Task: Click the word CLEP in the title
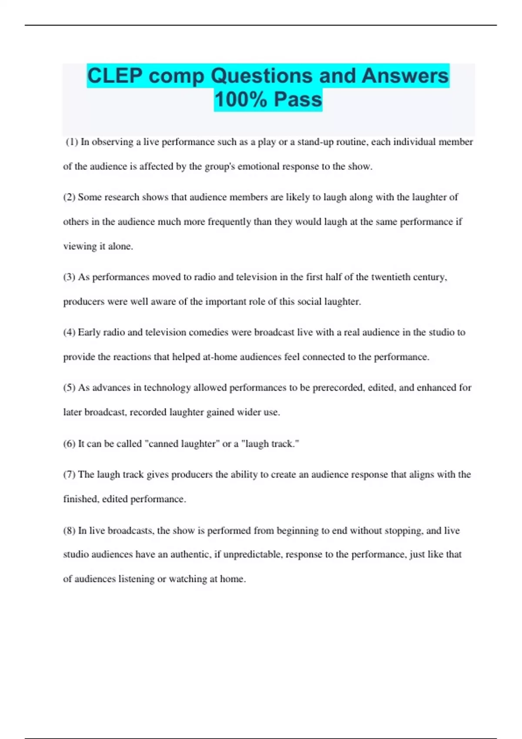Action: (115, 76)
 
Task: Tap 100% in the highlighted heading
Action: (241, 99)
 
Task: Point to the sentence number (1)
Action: (72, 142)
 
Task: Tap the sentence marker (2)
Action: (69, 197)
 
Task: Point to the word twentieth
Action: (392, 277)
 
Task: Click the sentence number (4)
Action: (69, 332)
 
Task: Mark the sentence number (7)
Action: (69, 474)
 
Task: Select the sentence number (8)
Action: (69, 530)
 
